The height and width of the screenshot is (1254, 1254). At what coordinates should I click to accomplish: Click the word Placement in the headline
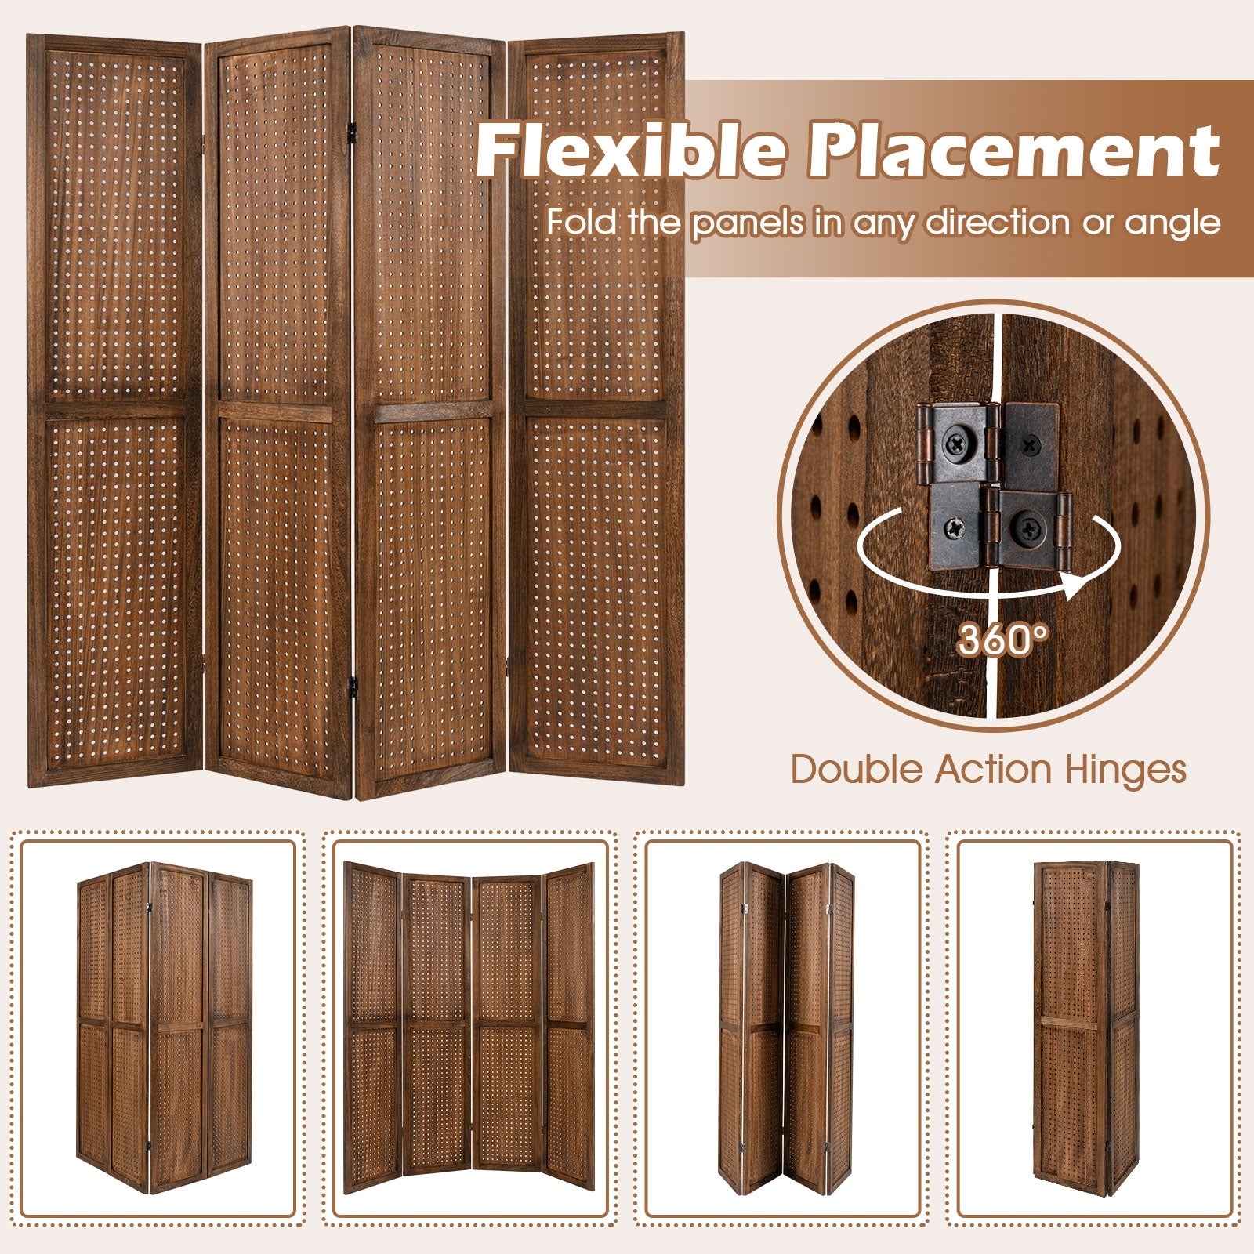[1013, 150]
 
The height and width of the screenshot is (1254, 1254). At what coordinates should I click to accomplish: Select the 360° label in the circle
[1002, 640]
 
